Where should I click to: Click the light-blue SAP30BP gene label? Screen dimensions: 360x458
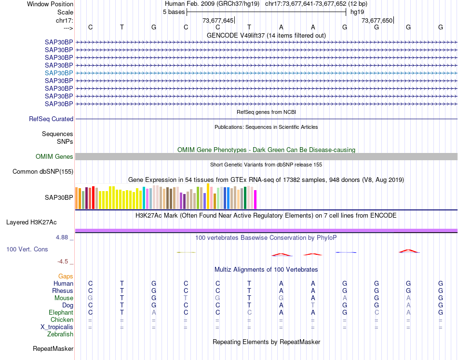coord(59,73)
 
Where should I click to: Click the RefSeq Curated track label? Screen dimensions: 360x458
coord(51,119)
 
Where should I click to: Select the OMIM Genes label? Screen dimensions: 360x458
coord(54,157)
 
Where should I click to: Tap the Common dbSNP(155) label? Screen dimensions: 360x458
coord(43,172)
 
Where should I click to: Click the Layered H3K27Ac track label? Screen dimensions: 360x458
coord(31,222)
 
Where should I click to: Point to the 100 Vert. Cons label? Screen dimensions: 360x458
coord(27,249)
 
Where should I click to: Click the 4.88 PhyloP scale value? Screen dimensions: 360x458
coord(63,237)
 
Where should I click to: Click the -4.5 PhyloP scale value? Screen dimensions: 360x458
coord(64,262)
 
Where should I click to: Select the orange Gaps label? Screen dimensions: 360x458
coord(66,276)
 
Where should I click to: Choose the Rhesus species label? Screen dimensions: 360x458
coord(63,291)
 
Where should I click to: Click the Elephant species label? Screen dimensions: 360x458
coord(61,313)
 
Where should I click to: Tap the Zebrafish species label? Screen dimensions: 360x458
coord(60,334)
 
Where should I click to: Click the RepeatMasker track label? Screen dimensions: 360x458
coord(53,348)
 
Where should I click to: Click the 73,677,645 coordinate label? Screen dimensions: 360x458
coord(218,21)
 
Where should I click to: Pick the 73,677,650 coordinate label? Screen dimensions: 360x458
coord(377,21)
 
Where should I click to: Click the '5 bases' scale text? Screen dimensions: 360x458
coord(174,12)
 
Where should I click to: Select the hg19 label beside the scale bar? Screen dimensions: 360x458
coord(357,12)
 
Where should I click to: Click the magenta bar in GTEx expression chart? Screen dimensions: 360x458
coord(256,200)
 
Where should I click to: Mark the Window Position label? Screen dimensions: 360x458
coord(50,4)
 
